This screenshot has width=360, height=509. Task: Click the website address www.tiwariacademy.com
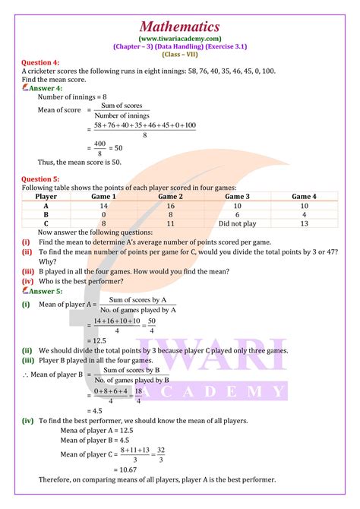tap(180, 37)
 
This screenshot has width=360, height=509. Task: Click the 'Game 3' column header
tap(238, 197)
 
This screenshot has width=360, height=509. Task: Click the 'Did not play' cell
tap(238, 223)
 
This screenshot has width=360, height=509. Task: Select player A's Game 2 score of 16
tap(171, 206)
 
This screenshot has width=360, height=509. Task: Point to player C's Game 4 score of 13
tap(305, 223)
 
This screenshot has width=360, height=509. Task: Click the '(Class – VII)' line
tap(180, 54)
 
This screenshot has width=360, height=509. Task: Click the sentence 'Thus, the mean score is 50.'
tap(80, 162)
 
